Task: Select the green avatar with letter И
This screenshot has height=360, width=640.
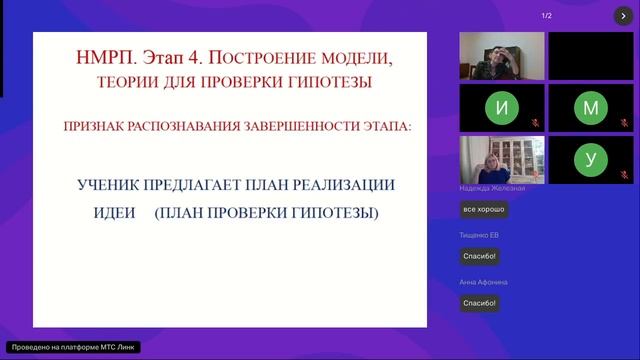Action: click(501, 108)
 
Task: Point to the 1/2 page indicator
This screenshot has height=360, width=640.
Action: click(546, 16)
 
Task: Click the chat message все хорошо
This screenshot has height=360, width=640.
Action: click(484, 210)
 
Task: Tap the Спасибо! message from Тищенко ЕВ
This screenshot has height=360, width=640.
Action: click(480, 256)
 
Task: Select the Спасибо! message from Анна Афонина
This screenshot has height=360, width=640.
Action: click(480, 303)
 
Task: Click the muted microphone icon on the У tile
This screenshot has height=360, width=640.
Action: click(625, 177)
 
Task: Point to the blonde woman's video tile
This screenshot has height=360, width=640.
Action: click(501, 160)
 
